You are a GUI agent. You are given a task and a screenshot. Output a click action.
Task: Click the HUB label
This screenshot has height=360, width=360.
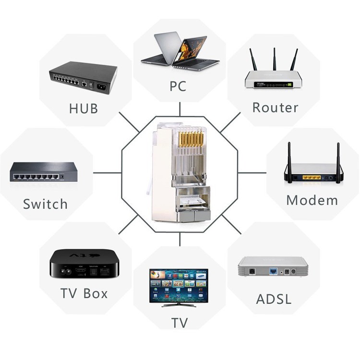(x=84, y=108)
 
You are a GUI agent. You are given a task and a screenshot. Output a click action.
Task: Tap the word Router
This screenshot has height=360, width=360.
(x=276, y=108)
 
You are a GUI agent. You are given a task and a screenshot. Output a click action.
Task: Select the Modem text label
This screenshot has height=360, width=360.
(x=312, y=200)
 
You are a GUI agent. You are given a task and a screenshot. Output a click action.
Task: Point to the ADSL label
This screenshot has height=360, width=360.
(x=274, y=299)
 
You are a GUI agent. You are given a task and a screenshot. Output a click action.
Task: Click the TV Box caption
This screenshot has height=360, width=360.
(x=84, y=293)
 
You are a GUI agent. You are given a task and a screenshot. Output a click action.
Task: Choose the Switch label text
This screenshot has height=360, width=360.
(x=45, y=204)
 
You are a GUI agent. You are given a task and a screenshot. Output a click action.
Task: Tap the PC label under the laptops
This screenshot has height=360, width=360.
(x=178, y=86)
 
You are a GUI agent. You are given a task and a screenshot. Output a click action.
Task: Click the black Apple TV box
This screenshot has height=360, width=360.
(x=84, y=264)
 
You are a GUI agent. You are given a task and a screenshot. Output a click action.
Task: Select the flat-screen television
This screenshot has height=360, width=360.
(x=179, y=288)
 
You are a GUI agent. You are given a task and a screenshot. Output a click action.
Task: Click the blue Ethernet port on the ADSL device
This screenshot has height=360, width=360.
(x=273, y=271)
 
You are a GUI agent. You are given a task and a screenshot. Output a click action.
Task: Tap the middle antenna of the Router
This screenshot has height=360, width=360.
(x=275, y=59)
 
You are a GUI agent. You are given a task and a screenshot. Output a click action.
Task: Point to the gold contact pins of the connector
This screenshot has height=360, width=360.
(x=191, y=139)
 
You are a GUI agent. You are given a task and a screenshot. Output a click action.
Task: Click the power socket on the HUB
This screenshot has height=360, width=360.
(x=102, y=87)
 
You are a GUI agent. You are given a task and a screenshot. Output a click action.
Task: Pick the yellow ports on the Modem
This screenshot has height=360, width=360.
(x=312, y=177)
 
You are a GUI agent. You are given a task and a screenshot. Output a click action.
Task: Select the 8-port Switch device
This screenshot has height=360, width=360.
(x=44, y=172)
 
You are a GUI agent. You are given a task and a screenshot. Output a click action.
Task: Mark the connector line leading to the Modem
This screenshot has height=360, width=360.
(x=252, y=173)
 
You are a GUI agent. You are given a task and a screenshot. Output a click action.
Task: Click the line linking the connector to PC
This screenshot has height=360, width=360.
(x=180, y=109)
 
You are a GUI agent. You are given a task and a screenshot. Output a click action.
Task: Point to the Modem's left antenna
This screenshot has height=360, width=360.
(x=290, y=163)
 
